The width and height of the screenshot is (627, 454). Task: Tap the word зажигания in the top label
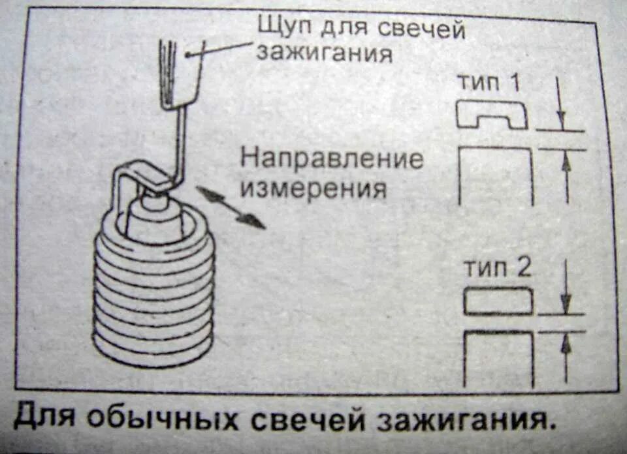tap(324, 52)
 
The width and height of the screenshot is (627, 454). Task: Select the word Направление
tap(332, 159)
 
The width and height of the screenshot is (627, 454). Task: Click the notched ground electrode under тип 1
tap(491, 115)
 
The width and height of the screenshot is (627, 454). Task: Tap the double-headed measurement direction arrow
tap(231, 207)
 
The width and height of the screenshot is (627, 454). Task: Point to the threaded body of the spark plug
tap(153, 294)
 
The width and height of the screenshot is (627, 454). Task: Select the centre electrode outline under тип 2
tap(498, 356)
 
